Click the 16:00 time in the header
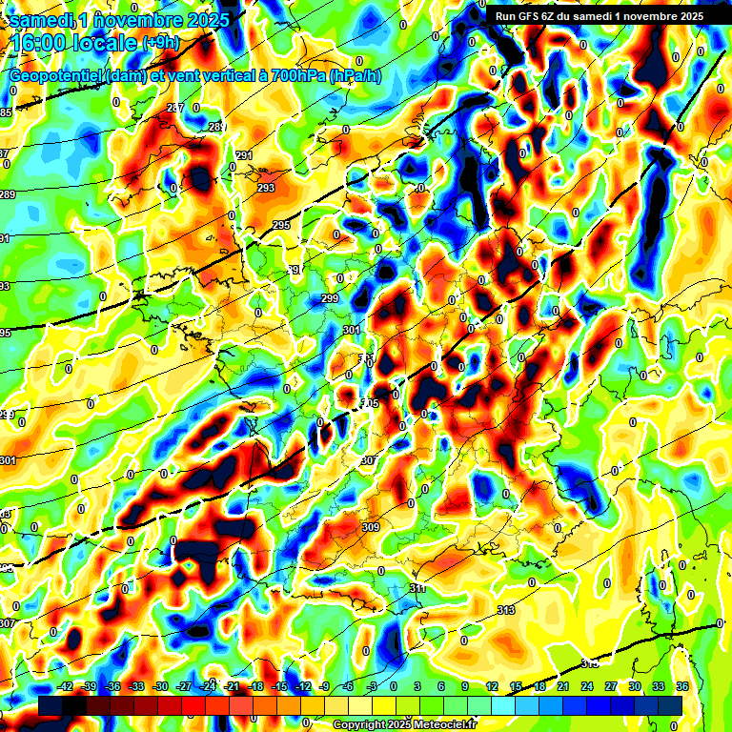(43, 42)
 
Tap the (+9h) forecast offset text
(159, 42)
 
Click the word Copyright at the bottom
(358, 724)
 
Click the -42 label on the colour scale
(66, 687)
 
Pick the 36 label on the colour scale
(681, 687)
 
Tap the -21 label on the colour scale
(232, 687)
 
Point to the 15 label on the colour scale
(515, 687)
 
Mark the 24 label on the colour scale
(586, 687)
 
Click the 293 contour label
(265, 188)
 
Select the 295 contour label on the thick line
(280, 225)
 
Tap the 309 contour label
(371, 527)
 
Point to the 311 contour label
(417, 590)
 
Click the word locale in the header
(107, 42)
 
